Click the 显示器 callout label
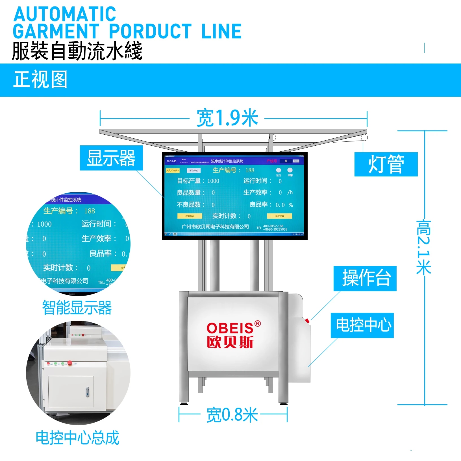coord(111,158)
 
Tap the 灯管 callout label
coord(386,164)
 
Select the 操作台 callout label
coord(365,278)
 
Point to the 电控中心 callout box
coord(362,325)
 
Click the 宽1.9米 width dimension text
coord(227,118)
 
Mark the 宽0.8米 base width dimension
coord(232,415)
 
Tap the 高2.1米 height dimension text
coord(423,247)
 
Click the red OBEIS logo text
coord(230,328)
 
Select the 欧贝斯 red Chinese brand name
coord(230,342)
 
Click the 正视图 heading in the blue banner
coord(40,80)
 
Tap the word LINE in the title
coord(221,31)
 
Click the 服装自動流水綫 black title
coord(77,51)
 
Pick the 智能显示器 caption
coord(77,308)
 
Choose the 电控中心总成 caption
coord(77,438)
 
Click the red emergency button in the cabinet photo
coord(70,363)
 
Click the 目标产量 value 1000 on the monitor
coord(213,181)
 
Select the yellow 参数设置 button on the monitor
coord(279,216)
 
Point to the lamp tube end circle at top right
coord(364,137)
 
